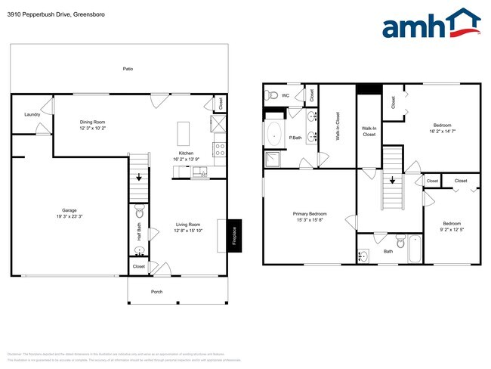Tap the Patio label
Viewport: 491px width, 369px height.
[128, 69]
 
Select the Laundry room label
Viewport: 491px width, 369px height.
[32, 114]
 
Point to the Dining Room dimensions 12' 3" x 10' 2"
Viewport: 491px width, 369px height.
[93, 129]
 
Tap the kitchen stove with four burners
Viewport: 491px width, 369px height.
[220, 149]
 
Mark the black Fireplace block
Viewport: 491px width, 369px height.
[234, 236]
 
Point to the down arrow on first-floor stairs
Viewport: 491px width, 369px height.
[138, 177]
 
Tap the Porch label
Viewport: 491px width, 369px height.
[157, 291]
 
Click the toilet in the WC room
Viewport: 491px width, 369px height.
[271, 95]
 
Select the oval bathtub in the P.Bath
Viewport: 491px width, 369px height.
[273, 137]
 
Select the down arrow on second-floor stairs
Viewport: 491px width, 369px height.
[392, 181]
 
